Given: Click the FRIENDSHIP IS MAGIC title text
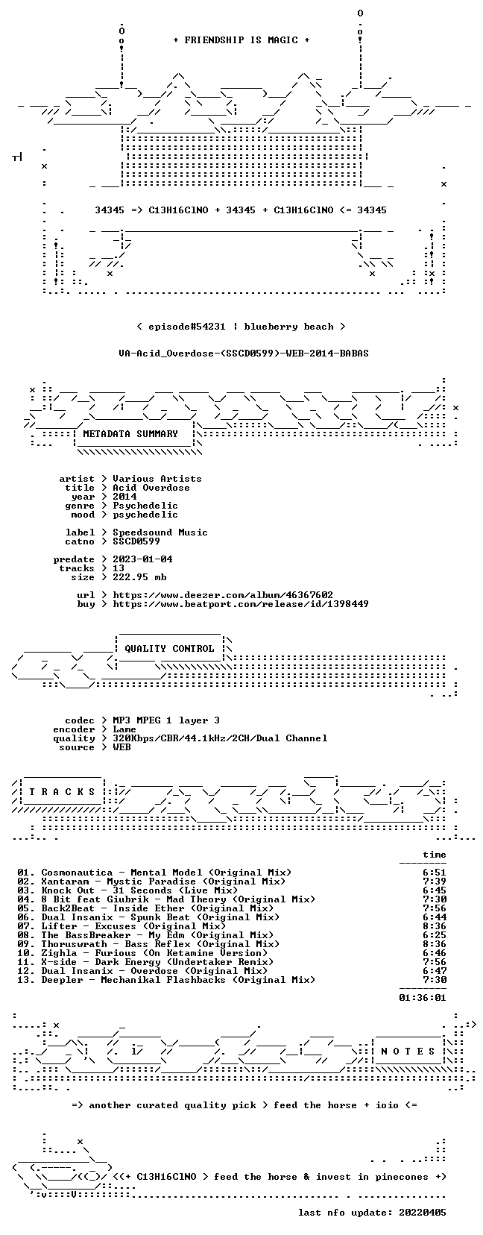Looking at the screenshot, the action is [x=241, y=40].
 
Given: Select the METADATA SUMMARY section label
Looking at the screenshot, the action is [x=130, y=434].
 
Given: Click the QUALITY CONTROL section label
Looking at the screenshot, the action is [x=169, y=649].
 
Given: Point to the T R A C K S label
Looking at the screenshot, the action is [x=62, y=792].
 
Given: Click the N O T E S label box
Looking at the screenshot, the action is [x=408, y=1052].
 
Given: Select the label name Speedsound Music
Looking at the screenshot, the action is [x=160, y=532].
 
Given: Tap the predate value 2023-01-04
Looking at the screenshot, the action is [x=142, y=559].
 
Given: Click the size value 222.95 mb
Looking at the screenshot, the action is [x=139, y=577].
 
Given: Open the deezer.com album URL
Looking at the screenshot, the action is [x=223, y=595].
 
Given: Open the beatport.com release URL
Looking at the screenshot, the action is [x=241, y=604].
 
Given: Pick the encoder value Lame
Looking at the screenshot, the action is [x=124, y=729].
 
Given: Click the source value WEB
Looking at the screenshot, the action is [x=121, y=747].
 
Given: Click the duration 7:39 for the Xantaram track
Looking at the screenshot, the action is [x=435, y=882].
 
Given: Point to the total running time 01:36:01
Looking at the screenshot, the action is [x=423, y=997].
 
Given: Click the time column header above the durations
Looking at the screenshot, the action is [x=435, y=855].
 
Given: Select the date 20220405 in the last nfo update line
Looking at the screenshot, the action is [x=423, y=1213].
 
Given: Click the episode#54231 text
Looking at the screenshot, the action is [x=186, y=327].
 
